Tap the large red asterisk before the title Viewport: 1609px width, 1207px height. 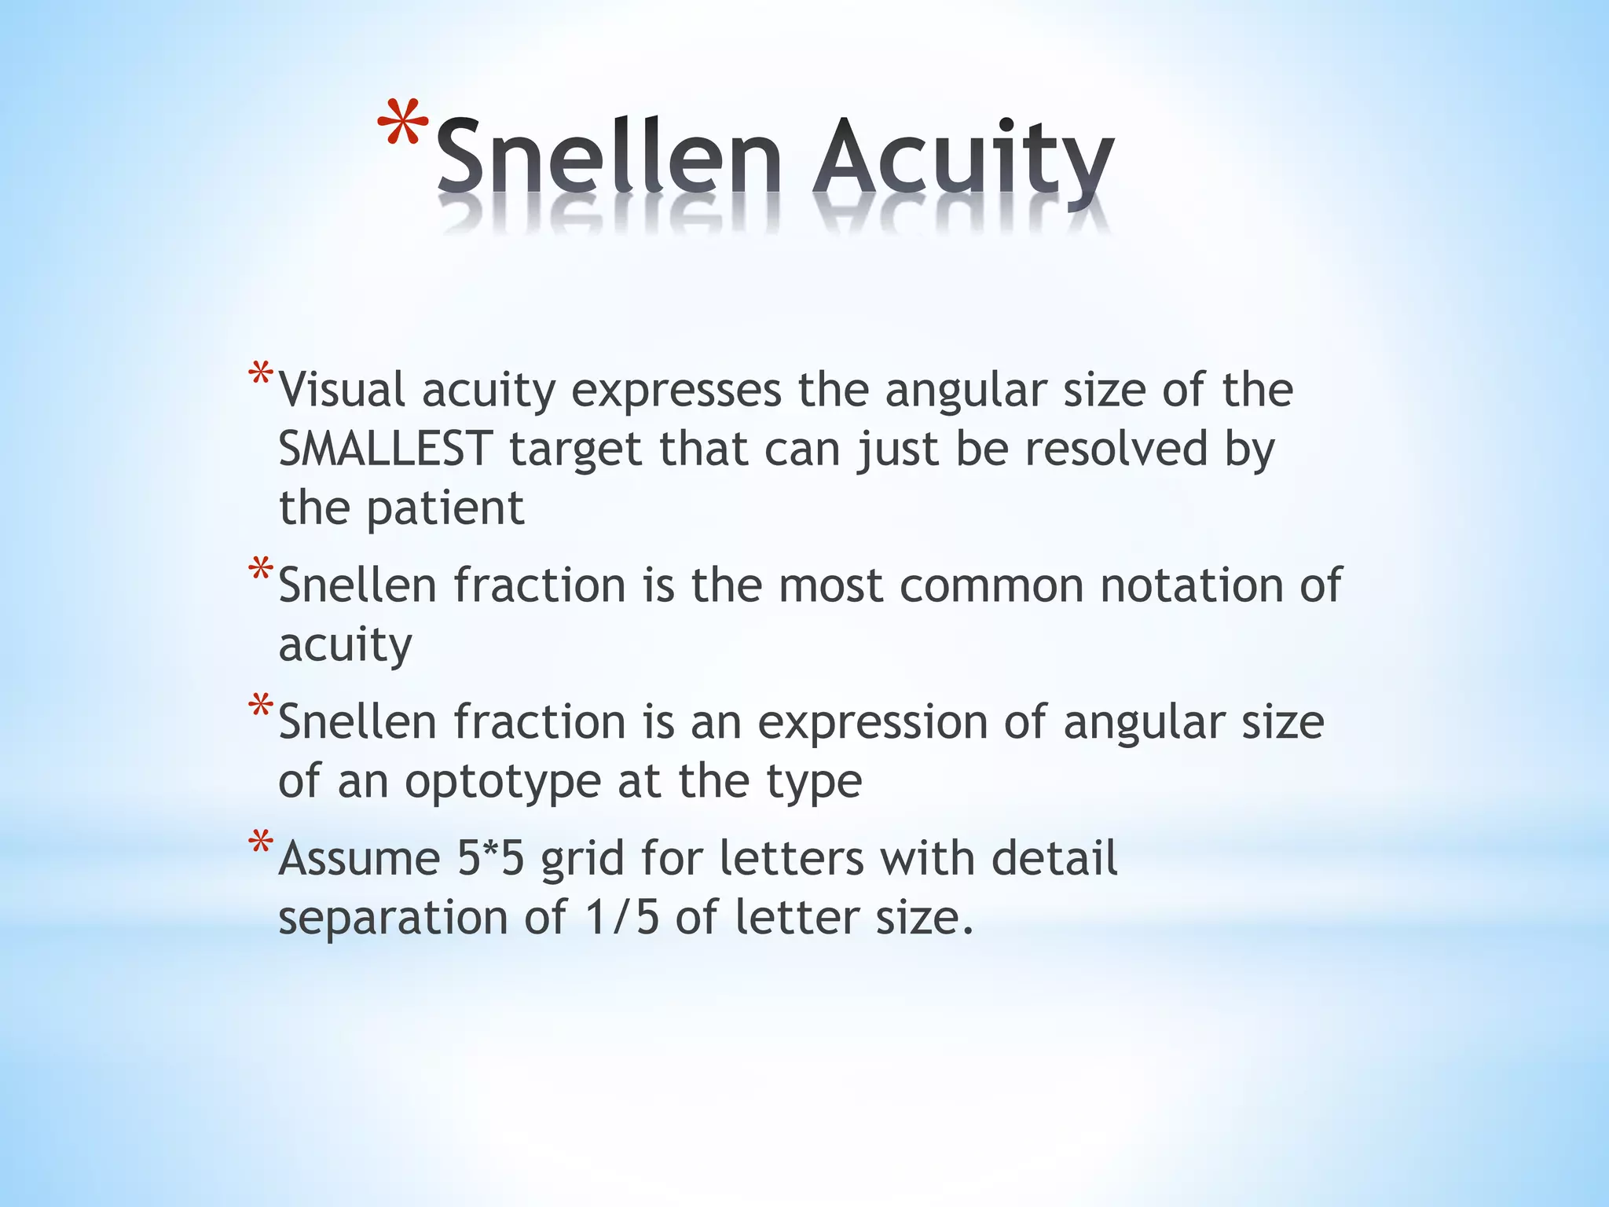[403, 126]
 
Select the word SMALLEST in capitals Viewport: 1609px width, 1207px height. [385, 449]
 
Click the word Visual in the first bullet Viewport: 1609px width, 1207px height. [343, 390]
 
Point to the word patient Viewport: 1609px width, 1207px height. [445, 509]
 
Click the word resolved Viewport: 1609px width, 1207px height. [1116, 449]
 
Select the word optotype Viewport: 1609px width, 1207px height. [504, 783]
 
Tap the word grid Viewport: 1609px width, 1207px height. [582, 860]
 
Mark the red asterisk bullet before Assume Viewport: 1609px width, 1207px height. [260, 844]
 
